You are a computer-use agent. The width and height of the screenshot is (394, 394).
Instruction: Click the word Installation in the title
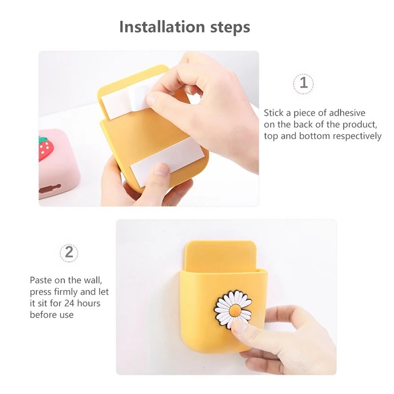click(162, 27)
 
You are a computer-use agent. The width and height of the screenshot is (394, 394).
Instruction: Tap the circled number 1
click(303, 84)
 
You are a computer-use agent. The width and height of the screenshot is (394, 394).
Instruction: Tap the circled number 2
click(69, 253)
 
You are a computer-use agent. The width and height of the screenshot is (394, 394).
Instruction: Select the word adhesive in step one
click(347, 113)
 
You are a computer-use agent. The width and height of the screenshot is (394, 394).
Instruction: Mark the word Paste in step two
click(40, 280)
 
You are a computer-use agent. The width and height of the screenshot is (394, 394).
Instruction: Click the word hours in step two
click(89, 303)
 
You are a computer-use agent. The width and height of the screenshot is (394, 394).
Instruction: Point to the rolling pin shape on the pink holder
click(50, 189)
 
